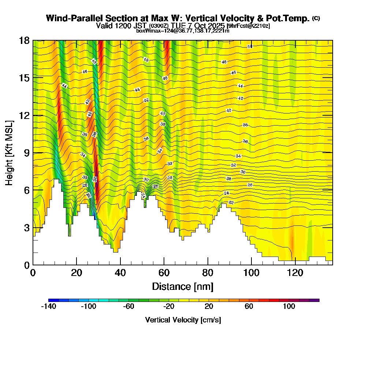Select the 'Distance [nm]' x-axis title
point(183,286)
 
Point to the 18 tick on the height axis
point(24,40)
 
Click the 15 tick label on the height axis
point(24,78)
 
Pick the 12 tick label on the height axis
point(24,115)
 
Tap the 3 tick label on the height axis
point(26,228)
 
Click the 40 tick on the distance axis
point(120,273)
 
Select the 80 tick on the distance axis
point(208,273)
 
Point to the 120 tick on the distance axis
point(295,273)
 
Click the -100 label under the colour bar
point(88,307)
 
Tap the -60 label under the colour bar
point(128,307)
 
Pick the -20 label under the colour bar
point(169,307)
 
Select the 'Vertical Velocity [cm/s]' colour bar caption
point(183,320)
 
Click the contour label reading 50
point(250,46)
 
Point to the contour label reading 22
point(231,202)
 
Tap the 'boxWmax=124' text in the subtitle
point(151,31)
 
